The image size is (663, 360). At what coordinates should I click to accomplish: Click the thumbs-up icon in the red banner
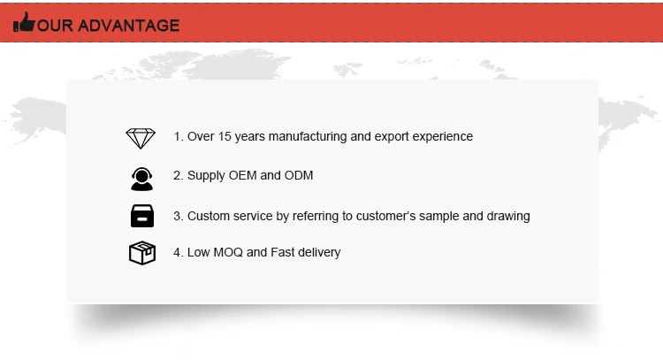24,22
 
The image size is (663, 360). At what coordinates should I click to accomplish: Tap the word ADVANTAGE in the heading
129,26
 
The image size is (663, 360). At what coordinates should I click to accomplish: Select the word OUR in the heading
55,26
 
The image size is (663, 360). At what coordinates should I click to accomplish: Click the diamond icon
141,138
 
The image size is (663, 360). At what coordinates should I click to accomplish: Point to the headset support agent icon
141,179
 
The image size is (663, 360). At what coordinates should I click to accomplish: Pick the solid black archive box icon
142,216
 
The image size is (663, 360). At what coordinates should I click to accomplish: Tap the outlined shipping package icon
142,253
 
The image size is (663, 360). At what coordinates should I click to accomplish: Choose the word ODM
299,175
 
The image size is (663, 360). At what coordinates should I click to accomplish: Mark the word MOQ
228,253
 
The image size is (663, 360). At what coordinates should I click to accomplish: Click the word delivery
319,253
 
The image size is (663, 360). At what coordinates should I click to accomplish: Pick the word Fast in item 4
283,253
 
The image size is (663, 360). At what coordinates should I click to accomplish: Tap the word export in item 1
392,137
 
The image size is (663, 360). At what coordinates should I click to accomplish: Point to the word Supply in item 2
206,176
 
